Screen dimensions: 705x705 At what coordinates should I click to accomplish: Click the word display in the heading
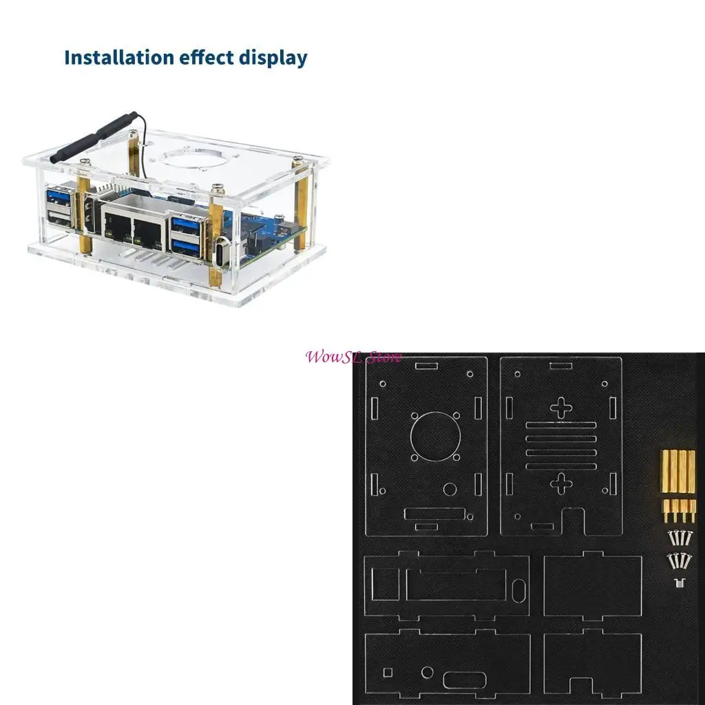[273, 59]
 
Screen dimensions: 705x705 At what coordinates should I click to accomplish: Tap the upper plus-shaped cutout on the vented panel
[561, 408]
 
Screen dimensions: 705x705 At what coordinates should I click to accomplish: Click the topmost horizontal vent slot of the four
[561, 425]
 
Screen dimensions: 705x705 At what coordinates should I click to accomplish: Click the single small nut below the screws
[679, 584]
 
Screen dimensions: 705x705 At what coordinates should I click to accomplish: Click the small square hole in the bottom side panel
[388, 671]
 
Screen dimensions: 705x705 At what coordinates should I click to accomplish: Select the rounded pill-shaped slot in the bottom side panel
[465, 680]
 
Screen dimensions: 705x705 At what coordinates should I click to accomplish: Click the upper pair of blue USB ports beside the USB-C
[187, 225]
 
